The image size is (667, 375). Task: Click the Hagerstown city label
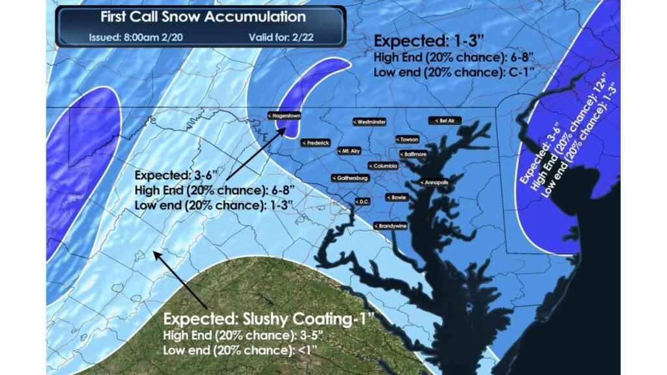pos(283,116)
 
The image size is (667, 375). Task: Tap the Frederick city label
pos(316,143)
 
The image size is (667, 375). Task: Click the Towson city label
pos(407,139)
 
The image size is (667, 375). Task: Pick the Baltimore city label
pos(412,154)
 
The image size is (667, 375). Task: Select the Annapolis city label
pos(434,183)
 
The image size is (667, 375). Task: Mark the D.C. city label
pos(362,202)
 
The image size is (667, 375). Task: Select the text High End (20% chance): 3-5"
pos(227,337)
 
